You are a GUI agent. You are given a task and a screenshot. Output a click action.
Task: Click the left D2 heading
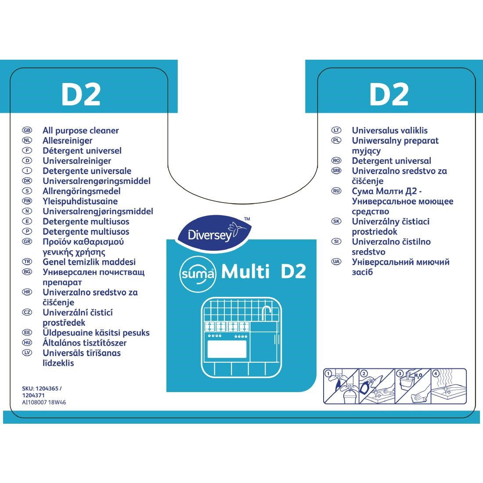pos(81,94)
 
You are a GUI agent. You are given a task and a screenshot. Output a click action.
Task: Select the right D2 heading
pos(389,94)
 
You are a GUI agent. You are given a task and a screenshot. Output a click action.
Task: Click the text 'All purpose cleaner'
pos(80,130)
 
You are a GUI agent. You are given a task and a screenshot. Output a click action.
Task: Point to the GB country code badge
pos(27,130)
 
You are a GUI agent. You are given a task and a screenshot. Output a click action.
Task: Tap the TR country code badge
pos(27,262)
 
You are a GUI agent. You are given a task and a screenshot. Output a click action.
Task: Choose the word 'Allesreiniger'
pos(67,141)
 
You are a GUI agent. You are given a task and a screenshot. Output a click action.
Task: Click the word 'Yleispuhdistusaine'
pos(80,201)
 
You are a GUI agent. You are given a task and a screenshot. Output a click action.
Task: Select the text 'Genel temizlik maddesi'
pos(89,262)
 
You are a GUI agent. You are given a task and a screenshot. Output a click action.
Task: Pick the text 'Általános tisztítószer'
pos(84,342)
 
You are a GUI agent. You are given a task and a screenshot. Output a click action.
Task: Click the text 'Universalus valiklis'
pos(389,130)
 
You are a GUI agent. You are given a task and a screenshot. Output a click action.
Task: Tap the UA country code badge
pos(336,262)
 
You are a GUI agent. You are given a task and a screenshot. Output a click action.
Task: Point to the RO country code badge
pos(336,161)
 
